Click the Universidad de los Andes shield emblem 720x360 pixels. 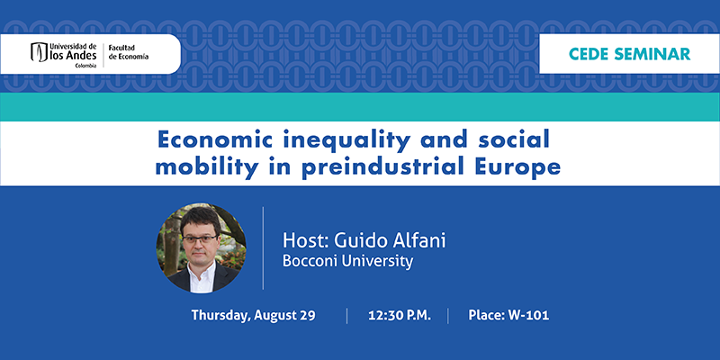point(39,52)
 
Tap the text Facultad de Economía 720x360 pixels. point(128,52)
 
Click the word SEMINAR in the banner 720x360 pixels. point(652,54)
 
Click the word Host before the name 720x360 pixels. point(304,240)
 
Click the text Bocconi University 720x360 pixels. point(347,261)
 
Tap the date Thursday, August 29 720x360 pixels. point(254,316)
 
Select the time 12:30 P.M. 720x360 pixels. point(400,316)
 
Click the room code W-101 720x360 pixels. point(528,316)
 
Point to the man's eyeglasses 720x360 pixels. point(201,238)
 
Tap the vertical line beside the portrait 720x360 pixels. point(263,248)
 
